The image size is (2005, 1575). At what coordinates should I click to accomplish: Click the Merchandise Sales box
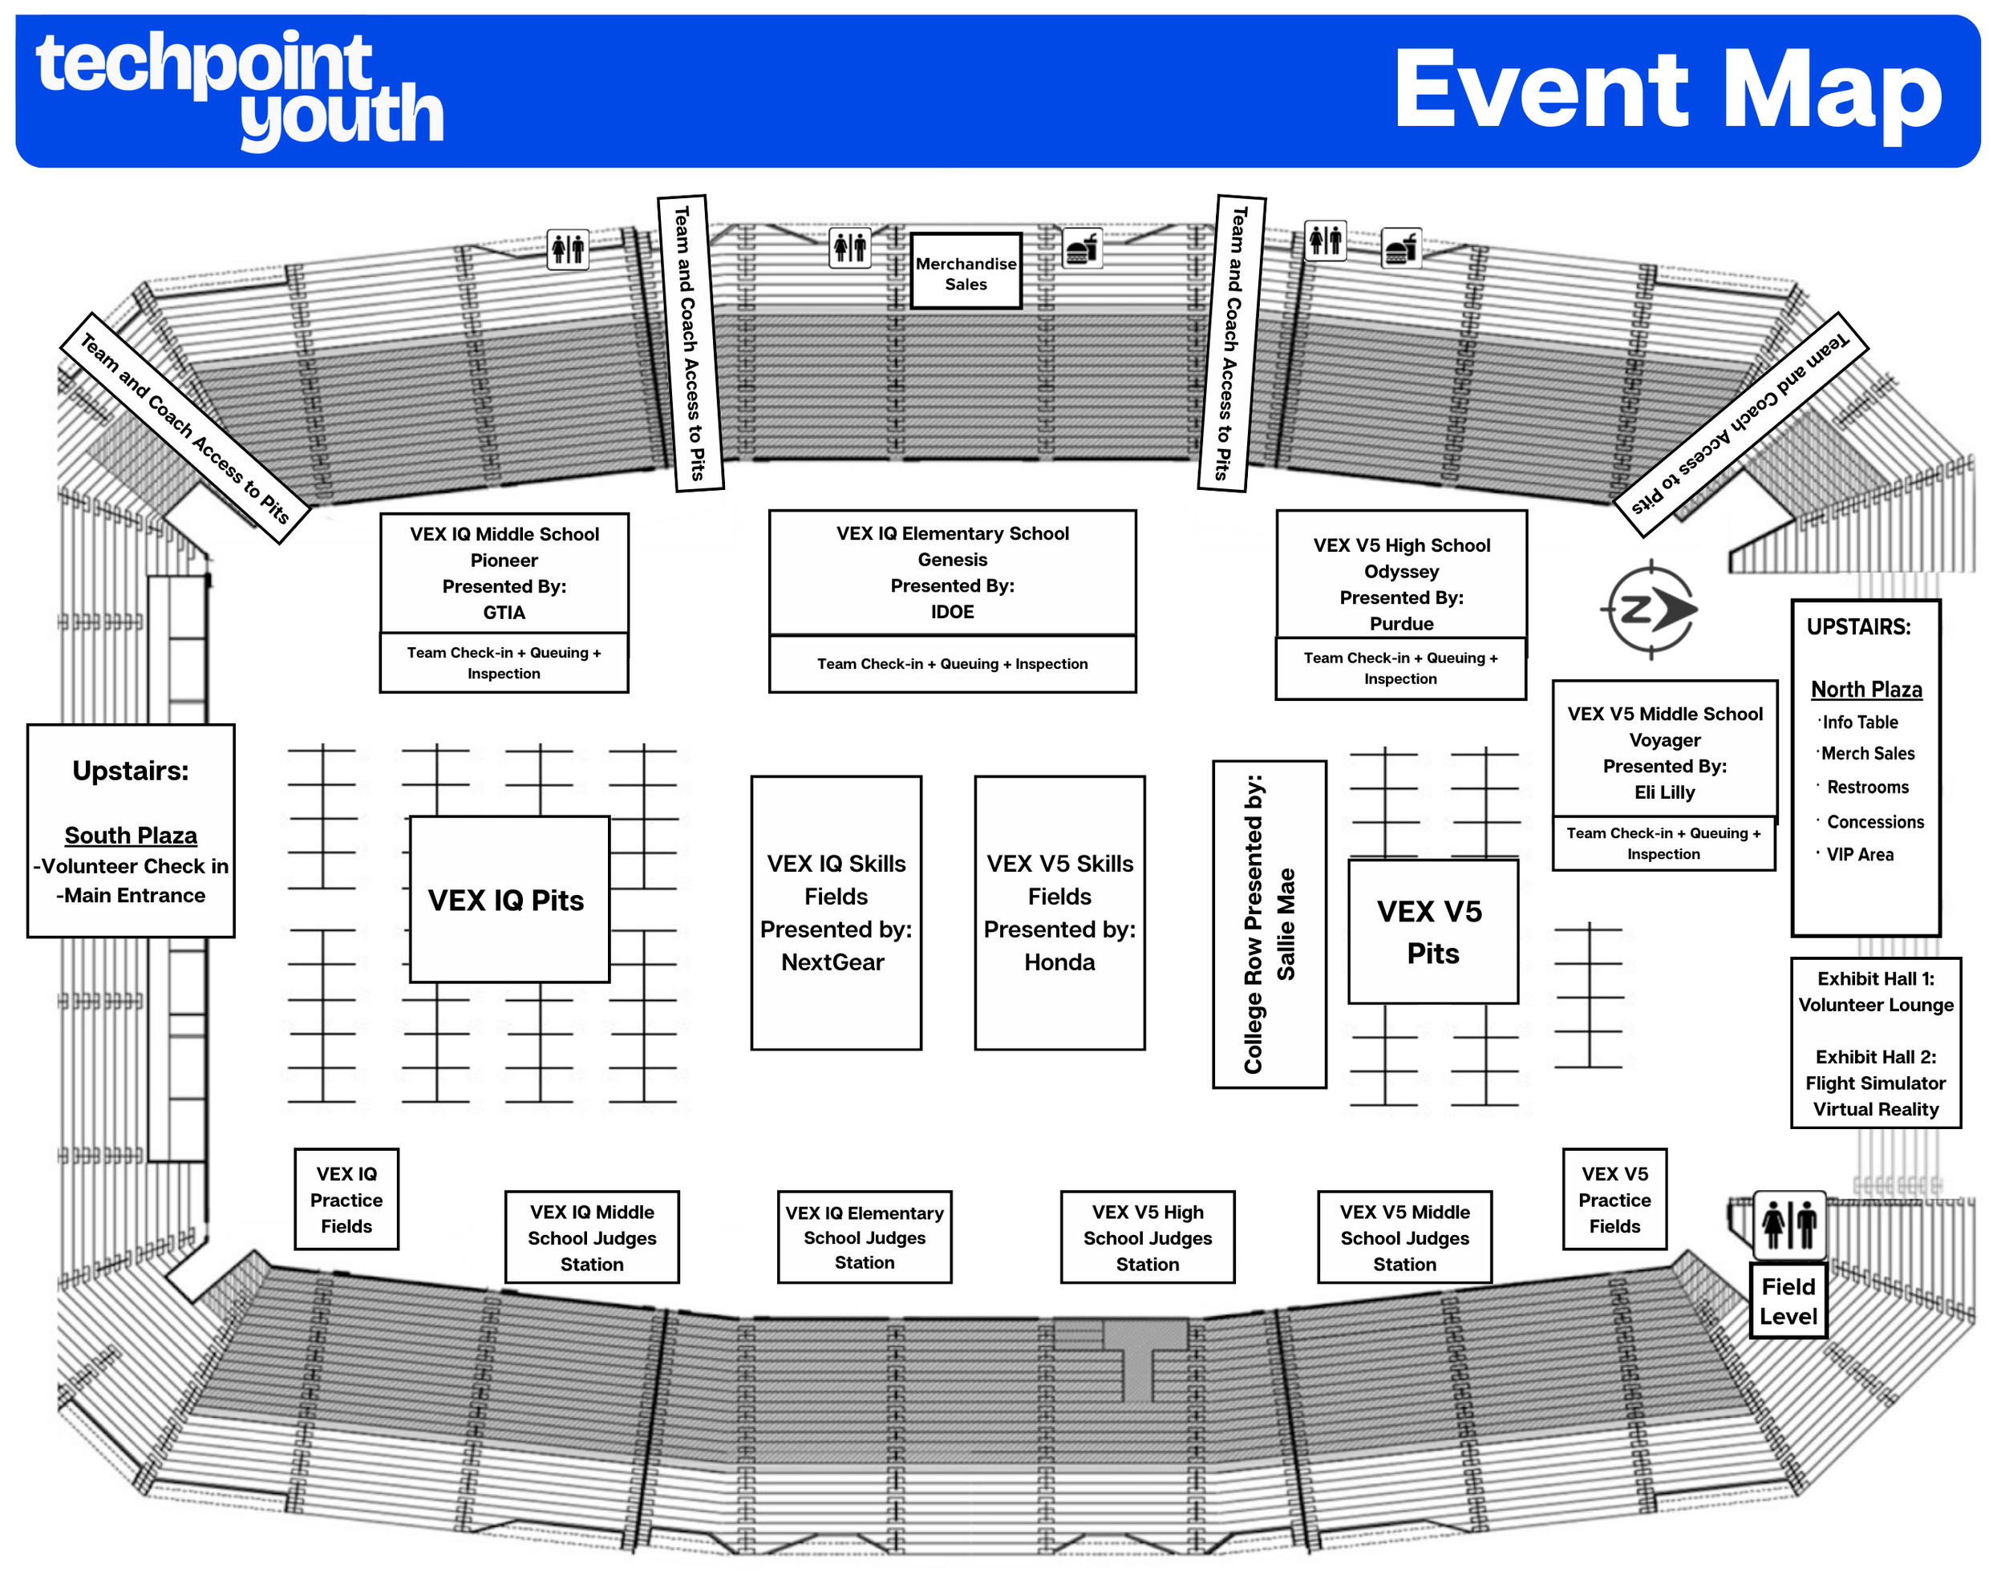(966, 272)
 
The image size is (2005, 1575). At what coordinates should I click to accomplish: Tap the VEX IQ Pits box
(508, 900)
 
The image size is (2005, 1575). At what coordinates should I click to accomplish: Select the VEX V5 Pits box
(1432, 931)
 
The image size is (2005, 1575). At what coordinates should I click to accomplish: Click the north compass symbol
(1650, 609)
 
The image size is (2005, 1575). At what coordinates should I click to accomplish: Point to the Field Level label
(1788, 1300)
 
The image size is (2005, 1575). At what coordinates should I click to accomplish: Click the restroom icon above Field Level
(1788, 1225)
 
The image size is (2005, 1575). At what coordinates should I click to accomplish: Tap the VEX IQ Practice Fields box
(346, 1199)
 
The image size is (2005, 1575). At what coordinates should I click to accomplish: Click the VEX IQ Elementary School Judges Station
(865, 1237)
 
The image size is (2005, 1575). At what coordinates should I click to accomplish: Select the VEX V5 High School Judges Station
(1148, 1237)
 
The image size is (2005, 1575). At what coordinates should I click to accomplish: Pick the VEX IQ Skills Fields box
(836, 912)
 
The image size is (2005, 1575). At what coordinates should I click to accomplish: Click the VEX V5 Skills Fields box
(1059, 912)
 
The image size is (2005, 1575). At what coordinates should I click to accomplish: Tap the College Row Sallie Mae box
(1269, 924)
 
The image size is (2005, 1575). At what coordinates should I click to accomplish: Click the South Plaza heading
(131, 836)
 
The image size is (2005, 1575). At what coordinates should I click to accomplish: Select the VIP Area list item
(1859, 855)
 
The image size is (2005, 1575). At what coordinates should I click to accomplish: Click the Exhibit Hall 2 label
(1875, 1057)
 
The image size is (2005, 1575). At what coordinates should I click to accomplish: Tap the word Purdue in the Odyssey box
(1401, 623)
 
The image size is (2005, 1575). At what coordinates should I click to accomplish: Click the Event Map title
(1667, 91)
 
